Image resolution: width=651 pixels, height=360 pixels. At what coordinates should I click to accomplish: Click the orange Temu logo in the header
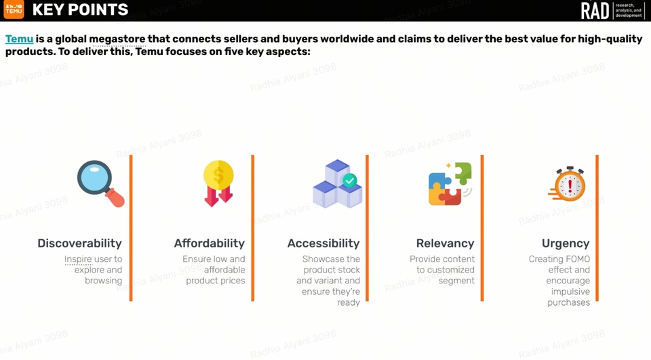14,9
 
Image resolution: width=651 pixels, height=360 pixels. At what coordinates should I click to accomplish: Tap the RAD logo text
595,10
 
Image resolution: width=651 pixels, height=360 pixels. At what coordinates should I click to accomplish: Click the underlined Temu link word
19,39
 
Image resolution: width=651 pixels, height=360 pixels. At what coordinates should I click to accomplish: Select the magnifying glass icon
101,184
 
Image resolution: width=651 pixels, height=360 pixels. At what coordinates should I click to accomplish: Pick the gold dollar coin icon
218,175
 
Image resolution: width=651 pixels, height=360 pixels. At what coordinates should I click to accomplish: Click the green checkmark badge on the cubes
350,180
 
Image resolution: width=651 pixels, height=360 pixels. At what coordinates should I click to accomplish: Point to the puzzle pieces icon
450,184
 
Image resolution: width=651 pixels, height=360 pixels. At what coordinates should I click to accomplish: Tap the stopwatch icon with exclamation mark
567,184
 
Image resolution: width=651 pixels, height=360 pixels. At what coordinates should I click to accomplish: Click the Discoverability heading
80,243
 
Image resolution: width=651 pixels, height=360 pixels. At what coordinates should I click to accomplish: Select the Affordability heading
210,243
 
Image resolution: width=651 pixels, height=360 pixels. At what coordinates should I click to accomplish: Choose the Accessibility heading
323,243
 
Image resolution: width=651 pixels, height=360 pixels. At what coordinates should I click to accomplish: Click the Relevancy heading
445,243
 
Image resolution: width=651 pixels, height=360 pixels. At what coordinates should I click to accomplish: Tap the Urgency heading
566,243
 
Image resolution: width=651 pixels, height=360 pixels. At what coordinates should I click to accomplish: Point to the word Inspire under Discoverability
78,259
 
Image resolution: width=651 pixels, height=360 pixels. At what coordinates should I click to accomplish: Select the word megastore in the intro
117,39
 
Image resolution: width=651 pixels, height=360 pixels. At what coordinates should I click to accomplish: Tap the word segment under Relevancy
456,281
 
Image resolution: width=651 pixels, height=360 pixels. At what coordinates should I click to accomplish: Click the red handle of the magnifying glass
115,198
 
